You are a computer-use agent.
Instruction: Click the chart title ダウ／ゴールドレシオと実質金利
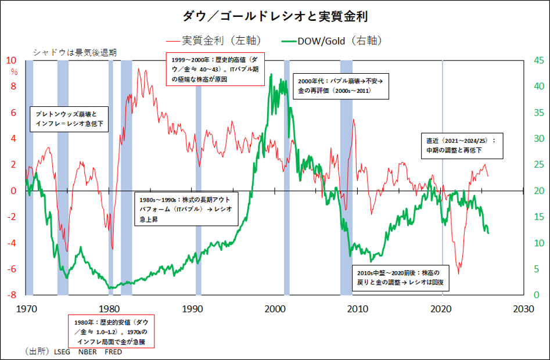coord(275,16)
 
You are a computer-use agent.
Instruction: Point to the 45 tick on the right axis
coord(538,60)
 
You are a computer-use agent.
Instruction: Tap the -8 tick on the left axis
coord(12,296)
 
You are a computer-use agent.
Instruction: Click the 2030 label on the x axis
coord(524,308)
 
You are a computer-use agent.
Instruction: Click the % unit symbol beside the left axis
coord(14,72)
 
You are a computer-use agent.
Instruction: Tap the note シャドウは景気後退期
coord(75,52)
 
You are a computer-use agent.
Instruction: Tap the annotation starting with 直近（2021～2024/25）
coord(462,145)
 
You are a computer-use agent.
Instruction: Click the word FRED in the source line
coord(113,351)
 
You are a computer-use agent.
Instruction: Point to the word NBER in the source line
coord(87,351)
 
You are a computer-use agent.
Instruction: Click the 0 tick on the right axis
coord(538,296)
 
